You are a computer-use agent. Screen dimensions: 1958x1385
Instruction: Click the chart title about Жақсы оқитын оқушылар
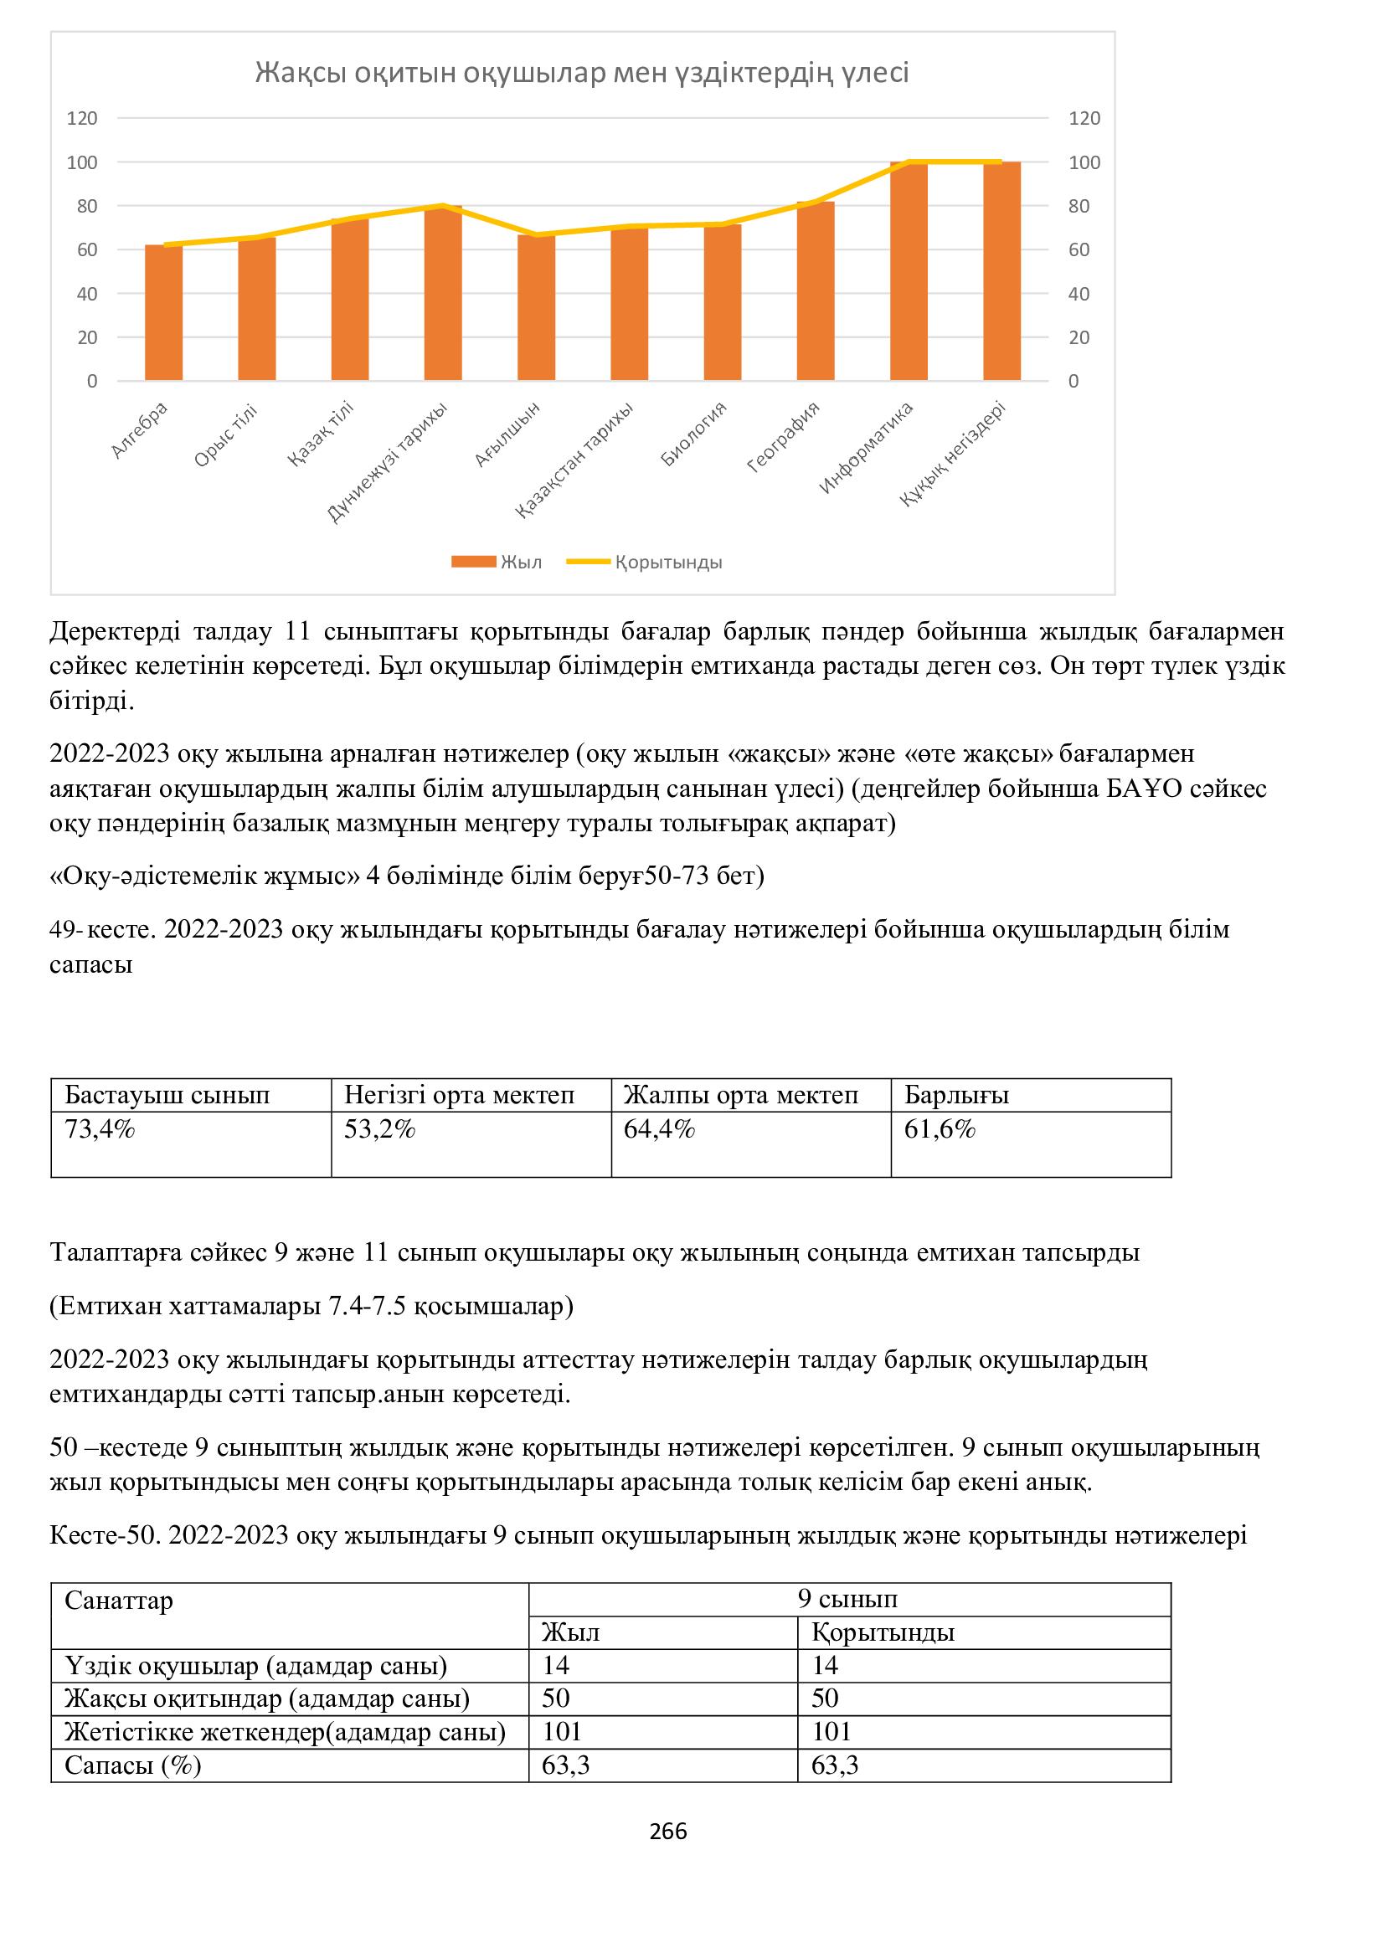582,74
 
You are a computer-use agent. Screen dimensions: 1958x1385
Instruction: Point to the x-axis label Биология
694,434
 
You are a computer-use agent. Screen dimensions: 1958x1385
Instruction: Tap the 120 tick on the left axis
82,119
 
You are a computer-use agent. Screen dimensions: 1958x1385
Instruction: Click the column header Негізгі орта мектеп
459,1095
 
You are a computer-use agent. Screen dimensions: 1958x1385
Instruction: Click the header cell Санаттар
119,1601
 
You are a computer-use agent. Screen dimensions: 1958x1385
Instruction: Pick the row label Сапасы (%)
133,1765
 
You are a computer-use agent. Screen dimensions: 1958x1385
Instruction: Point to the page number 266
667,1831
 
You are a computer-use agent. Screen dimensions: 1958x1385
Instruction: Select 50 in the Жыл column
556,1698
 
